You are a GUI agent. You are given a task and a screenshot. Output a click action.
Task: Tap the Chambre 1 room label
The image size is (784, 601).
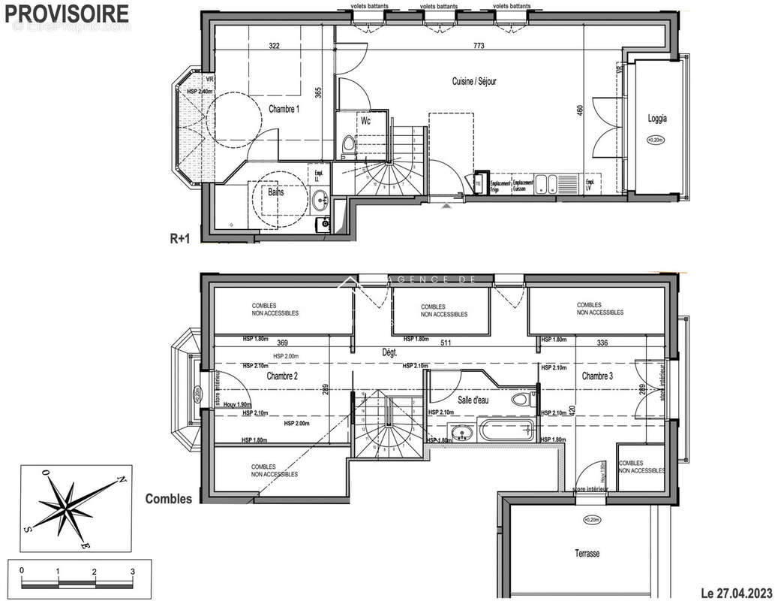[284, 109]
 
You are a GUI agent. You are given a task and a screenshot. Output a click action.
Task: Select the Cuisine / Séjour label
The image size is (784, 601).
[473, 81]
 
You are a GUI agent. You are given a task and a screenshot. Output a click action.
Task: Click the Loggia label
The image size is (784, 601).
[658, 118]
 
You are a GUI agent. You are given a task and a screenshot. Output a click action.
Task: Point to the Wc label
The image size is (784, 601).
[365, 121]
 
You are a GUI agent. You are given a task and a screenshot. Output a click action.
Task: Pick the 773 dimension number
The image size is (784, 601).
[479, 46]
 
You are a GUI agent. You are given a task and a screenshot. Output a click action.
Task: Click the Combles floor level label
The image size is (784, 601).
[168, 498]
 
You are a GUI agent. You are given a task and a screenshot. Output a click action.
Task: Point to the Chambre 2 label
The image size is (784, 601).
[283, 376]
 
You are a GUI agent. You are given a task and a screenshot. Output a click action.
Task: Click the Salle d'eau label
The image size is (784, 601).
[473, 401]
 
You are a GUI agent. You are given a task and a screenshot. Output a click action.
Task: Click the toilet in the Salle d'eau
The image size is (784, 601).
[520, 400]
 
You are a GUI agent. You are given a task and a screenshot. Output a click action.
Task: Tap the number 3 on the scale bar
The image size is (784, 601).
[132, 571]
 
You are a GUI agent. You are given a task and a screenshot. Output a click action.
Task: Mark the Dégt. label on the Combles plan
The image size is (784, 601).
[390, 352]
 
